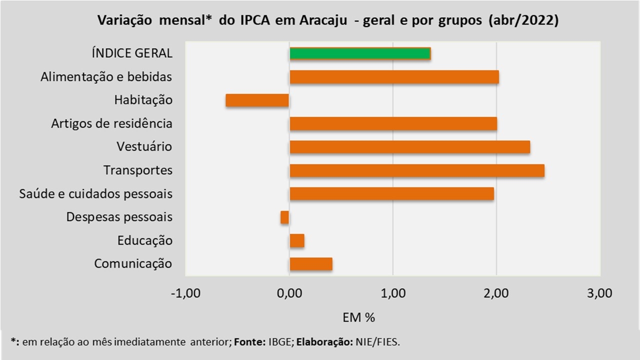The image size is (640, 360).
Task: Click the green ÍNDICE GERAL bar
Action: coord(360,53)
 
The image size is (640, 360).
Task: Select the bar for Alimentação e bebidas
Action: coord(394,77)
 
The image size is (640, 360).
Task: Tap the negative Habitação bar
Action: coord(257,100)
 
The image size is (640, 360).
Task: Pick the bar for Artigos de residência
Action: coord(393,123)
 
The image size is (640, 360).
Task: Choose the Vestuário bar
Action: coord(409,147)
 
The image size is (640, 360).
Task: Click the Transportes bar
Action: coord(416,170)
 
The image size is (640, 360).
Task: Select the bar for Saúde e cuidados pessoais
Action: coord(391,193)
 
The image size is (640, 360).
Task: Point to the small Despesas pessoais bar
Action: coord(285,217)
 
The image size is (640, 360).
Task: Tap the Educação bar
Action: coord(297,240)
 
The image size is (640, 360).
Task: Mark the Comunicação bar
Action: coord(311,263)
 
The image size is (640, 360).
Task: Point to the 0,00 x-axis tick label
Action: coord(289,293)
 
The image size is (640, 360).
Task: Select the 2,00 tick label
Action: coord(496,293)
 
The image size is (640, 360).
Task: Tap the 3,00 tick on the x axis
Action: coord(600,293)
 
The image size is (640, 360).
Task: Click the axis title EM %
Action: coord(358,317)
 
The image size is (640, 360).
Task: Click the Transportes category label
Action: coord(138,170)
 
